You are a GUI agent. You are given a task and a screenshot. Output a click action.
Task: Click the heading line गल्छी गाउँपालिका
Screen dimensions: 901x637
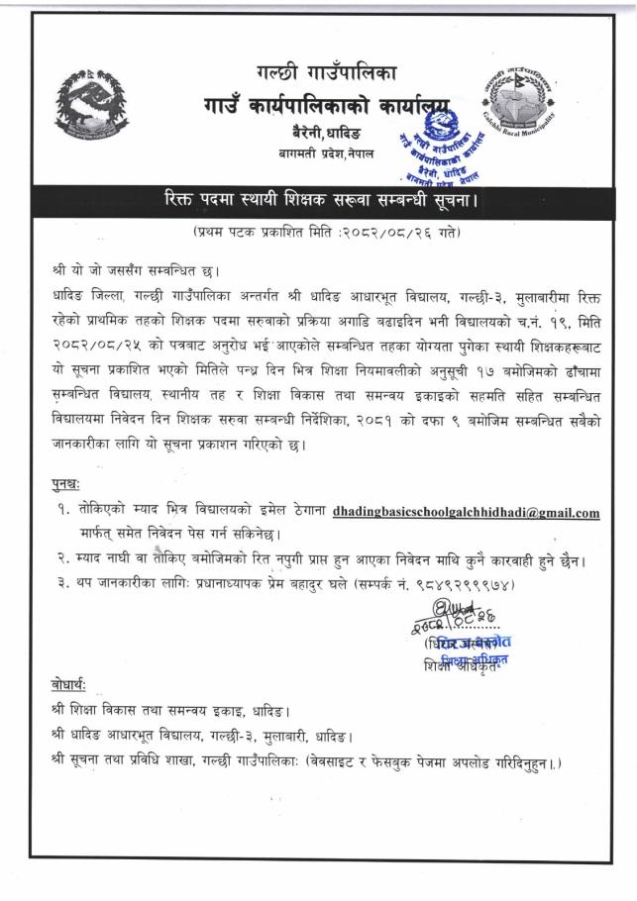tap(325, 70)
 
